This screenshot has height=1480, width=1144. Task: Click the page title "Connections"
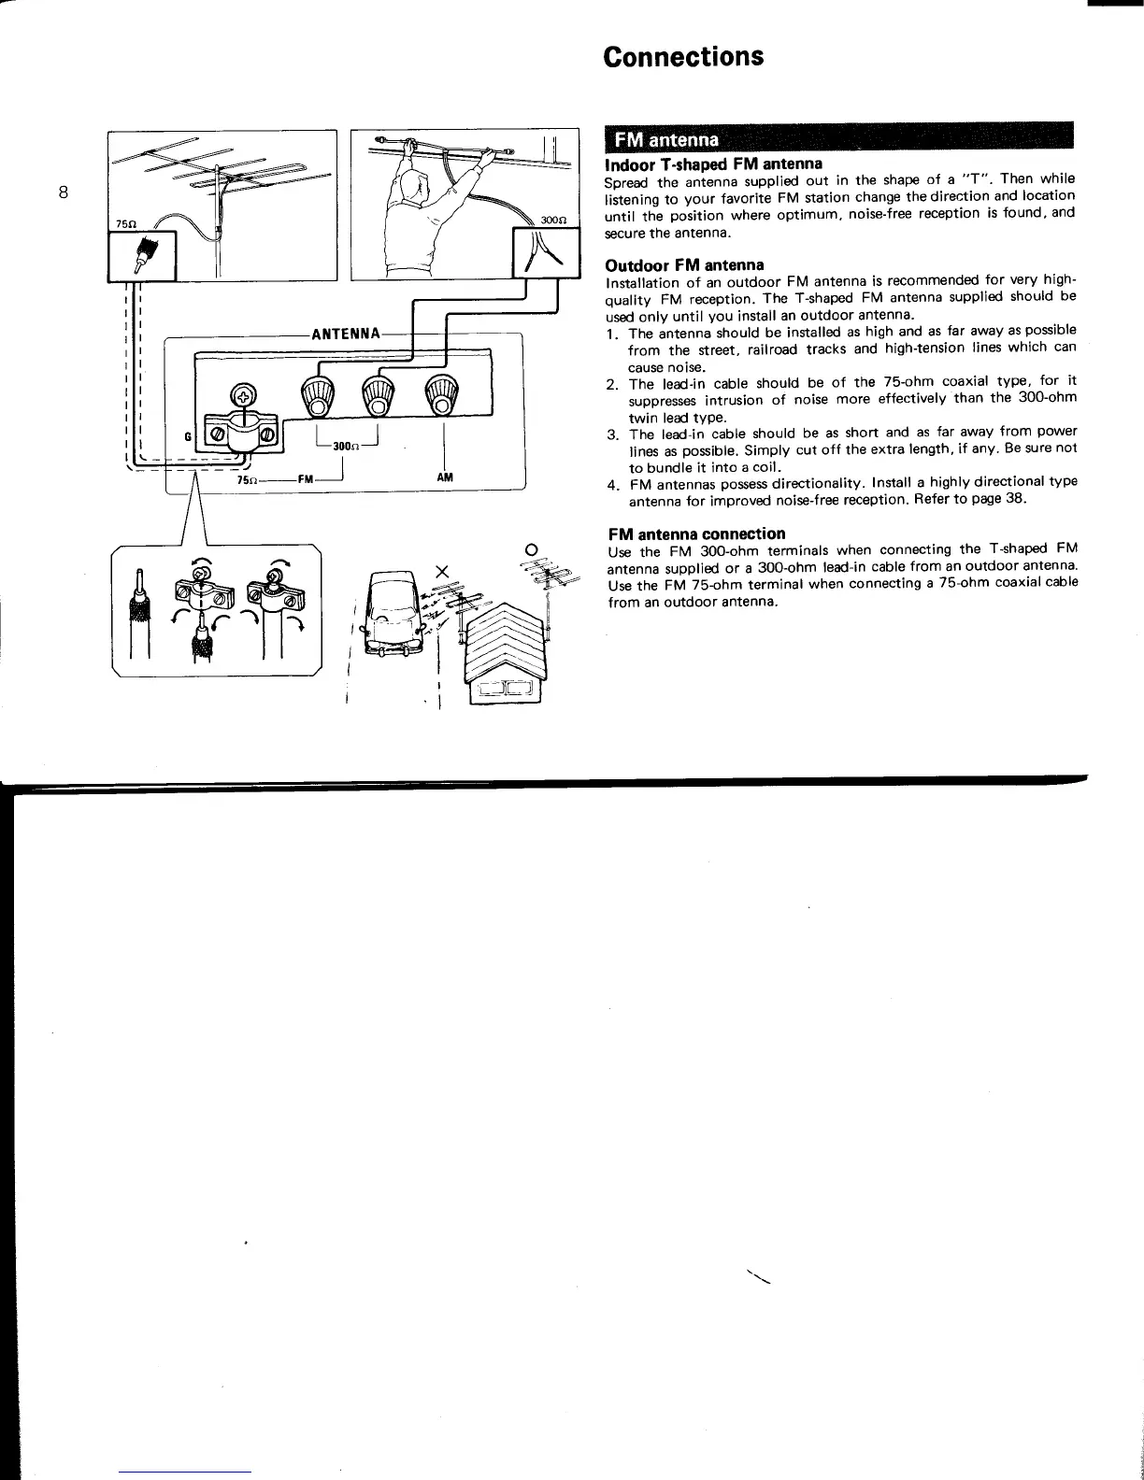point(683,57)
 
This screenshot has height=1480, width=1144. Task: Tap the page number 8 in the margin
point(63,193)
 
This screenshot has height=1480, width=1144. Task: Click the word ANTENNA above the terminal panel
point(346,334)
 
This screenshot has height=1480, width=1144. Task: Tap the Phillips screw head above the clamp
point(241,396)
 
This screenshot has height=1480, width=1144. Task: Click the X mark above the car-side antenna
point(443,571)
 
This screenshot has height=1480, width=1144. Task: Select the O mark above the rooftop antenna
point(531,548)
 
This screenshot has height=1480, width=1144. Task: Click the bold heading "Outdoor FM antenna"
point(685,265)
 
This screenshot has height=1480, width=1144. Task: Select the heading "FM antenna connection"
point(696,534)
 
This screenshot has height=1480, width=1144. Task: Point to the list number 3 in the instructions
point(610,434)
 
